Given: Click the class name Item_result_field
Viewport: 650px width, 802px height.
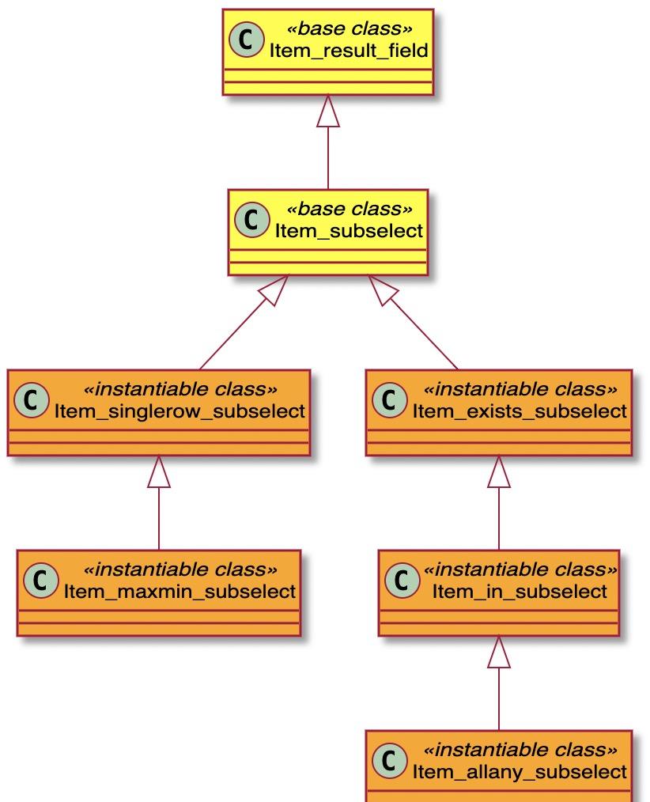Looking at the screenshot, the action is [x=349, y=51].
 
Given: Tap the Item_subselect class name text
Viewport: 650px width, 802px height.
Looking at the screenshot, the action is [x=349, y=231].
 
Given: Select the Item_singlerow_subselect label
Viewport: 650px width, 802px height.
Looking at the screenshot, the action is [x=180, y=411].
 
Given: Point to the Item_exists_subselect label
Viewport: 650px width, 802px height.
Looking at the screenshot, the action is [x=520, y=411].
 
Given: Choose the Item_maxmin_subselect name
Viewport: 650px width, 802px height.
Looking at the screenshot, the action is [x=180, y=592].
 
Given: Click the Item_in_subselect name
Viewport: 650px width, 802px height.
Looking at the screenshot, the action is [x=520, y=592].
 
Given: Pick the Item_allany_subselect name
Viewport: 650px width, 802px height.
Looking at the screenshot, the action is [x=520, y=772].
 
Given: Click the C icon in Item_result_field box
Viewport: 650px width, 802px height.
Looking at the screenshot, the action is [x=247, y=40].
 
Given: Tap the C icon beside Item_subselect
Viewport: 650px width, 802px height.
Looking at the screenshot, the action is [x=251, y=219].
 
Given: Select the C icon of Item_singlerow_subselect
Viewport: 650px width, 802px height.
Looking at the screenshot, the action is [x=31, y=400].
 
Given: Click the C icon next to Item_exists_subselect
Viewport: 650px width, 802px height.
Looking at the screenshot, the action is [x=390, y=400].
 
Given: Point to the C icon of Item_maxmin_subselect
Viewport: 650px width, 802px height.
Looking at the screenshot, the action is [x=40, y=580].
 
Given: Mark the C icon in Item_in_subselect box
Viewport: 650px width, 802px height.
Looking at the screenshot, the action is [x=402, y=580].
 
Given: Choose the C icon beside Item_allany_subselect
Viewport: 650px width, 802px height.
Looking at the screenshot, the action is [x=390, y=761].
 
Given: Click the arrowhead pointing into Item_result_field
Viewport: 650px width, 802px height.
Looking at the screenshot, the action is [x=328, y=111].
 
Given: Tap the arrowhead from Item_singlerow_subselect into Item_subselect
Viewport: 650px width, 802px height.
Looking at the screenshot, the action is [x=274, y=290].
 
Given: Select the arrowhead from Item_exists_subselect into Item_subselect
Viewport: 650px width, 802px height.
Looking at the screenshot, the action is [x=384, y=290].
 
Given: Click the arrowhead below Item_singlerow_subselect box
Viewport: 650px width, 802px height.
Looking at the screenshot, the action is [x=158, y=471].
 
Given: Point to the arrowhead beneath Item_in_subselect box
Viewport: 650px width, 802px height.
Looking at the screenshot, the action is [x=499, y=652].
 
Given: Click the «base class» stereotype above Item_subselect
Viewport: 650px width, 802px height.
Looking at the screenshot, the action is [x=349, y=209].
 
